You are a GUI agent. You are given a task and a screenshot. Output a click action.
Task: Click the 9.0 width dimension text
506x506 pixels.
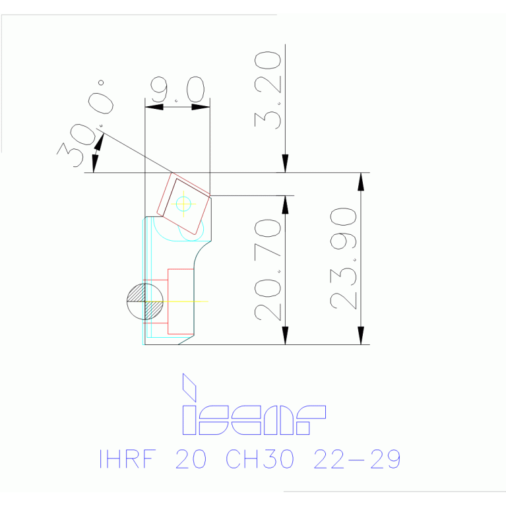(x=177, y=90)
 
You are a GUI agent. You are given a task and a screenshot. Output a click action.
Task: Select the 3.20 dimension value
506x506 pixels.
(x=269, y=90)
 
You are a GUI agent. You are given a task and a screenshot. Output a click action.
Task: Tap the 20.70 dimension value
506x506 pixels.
(x=269, y=270)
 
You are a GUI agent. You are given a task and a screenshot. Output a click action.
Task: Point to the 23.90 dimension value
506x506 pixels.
(x=344, y=259)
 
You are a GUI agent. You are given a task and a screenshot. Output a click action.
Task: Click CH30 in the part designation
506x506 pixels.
(x=259, y=459)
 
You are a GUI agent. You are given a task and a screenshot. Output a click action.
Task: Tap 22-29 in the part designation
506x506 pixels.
(x=357, y=459)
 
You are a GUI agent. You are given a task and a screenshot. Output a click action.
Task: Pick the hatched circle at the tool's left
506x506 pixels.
(x=145, y=301)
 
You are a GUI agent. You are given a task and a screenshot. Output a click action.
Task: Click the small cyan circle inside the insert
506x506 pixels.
(x=183, y=204)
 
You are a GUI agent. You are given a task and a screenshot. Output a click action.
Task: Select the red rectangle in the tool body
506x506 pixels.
(x=180, y=301)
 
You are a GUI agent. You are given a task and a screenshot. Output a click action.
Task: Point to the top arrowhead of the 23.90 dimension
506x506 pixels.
(x=361, y=181)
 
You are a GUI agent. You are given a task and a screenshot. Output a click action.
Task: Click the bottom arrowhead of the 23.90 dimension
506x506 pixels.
(x=361, y=336)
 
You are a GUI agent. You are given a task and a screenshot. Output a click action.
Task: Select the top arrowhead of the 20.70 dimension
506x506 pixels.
(x=286, y=204)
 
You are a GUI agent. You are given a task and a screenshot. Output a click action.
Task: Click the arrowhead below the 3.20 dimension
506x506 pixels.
(x=285, y=164)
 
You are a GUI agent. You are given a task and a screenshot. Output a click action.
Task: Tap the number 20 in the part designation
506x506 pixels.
(x=191, y=459)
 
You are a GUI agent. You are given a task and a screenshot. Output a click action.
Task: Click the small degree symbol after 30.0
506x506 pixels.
(x=101, y=83)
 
